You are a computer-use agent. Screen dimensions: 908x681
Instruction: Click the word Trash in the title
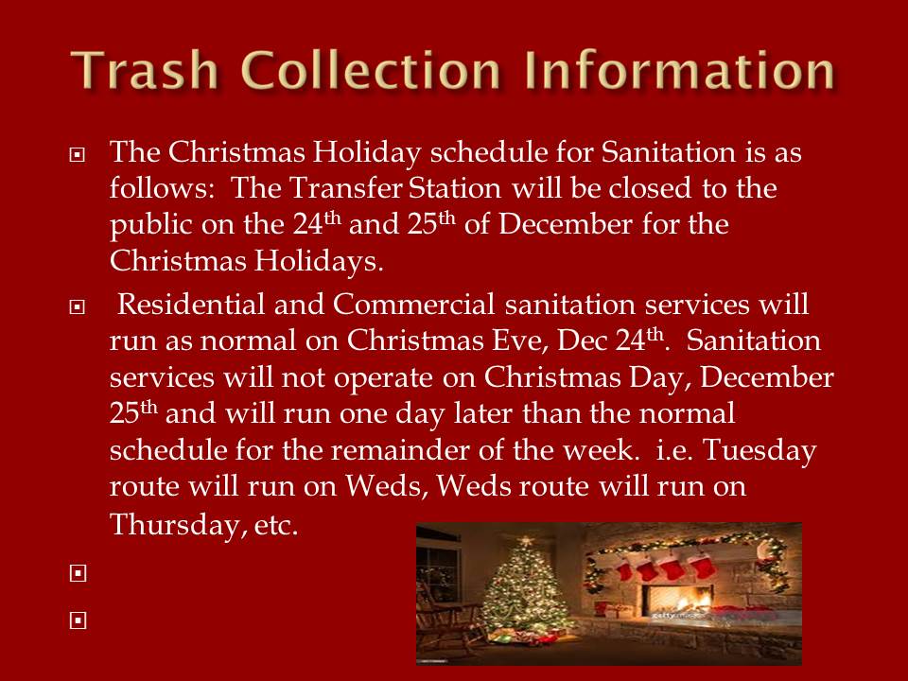[x=144, y=70]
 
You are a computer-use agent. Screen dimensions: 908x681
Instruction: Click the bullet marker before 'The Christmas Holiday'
[x=77, y=154]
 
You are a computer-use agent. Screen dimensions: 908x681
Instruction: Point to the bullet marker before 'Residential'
[x=77, y=306]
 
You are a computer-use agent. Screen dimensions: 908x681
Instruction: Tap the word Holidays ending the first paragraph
[x=319, y=261]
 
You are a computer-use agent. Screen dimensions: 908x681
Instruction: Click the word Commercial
[x=413, y=305]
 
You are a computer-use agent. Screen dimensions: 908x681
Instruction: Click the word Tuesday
[x=760, y=450]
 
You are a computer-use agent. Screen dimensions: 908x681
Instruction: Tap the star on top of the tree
[x=526, y=542]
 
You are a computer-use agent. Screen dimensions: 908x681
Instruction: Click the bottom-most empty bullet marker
[x=78, y=620]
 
